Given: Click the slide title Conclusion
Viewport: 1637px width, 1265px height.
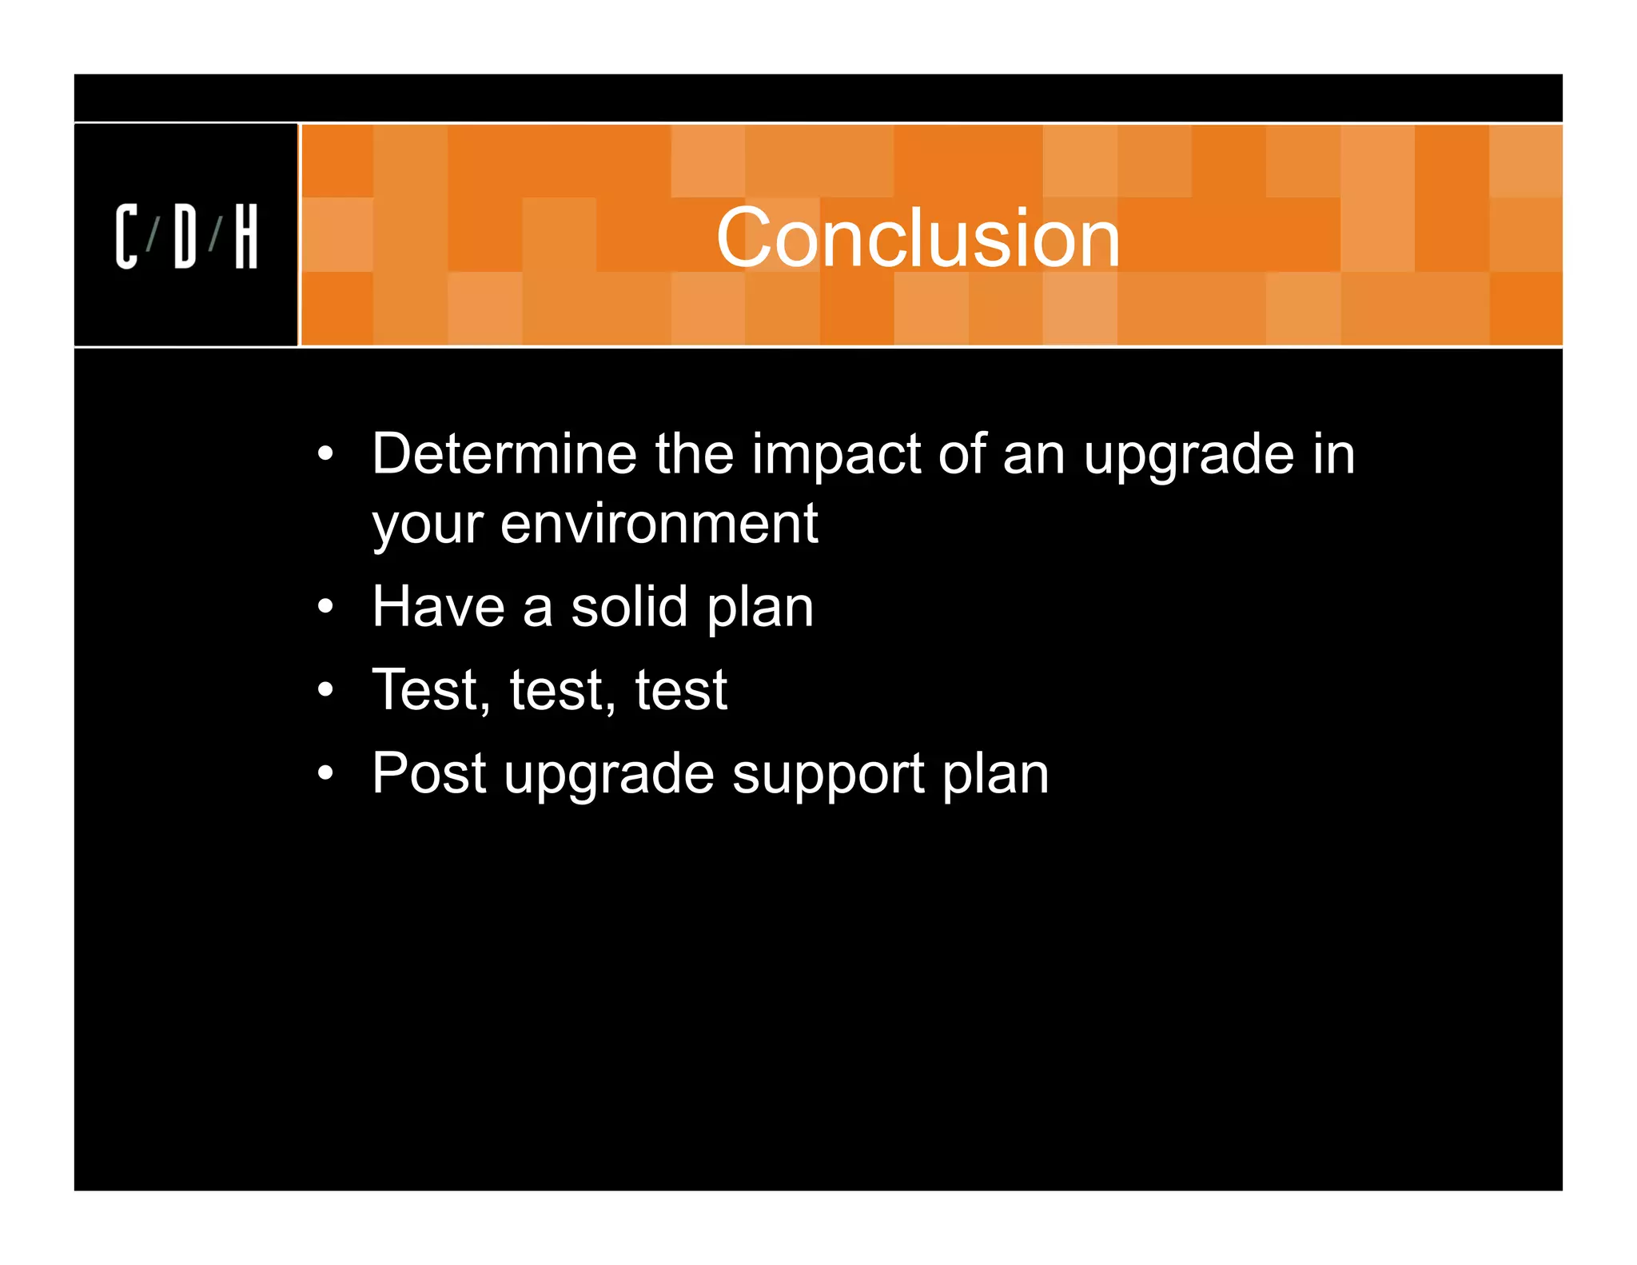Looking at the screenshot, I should point(918,237).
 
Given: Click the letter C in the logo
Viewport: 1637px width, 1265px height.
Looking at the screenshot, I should point(126,237).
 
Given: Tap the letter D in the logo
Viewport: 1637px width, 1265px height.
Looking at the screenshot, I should point(185,237).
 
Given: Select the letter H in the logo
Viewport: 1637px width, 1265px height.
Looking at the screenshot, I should point(246,237).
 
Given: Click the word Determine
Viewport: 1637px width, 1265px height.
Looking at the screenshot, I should point(504,454).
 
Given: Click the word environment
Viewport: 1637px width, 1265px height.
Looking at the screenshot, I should point(659,524).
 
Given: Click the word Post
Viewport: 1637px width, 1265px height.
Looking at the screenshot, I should point(429,773).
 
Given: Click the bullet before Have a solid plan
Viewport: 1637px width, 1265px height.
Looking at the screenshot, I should point(325,607).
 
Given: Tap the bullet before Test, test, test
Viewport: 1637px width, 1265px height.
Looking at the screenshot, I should point(325,689).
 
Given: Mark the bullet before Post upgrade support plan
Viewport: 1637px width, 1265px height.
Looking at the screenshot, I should point(325,773).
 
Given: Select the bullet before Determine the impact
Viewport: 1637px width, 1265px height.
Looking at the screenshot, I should point(325,454).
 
